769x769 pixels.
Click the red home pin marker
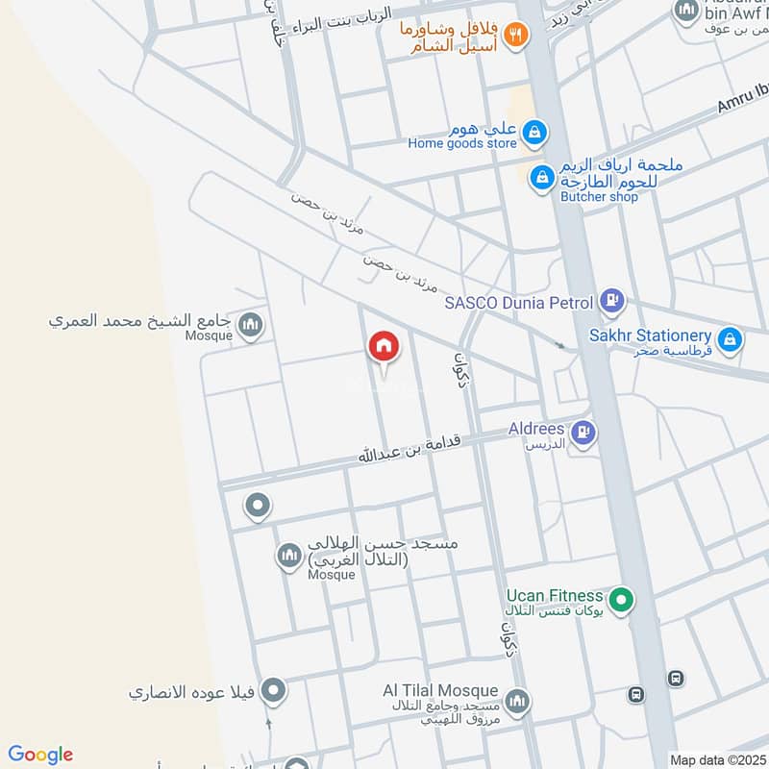point(384,347)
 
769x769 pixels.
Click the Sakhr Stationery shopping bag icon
point(731,337)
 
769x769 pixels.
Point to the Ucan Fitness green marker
point(622,601)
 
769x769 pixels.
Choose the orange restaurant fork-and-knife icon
point(516,36)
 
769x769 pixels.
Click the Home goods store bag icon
point(535,132)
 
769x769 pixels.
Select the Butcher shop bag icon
point(543,177)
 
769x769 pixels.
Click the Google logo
point(40,755)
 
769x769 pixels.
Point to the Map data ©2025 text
point(716,759)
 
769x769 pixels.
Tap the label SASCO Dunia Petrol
point(519,304)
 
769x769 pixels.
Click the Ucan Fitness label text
point(555,596)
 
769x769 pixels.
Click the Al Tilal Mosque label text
point(441,691)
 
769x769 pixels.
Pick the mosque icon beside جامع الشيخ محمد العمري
point(252,325)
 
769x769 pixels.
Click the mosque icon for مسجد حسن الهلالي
point(289,556)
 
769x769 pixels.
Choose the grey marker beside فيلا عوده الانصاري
point(274,690)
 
